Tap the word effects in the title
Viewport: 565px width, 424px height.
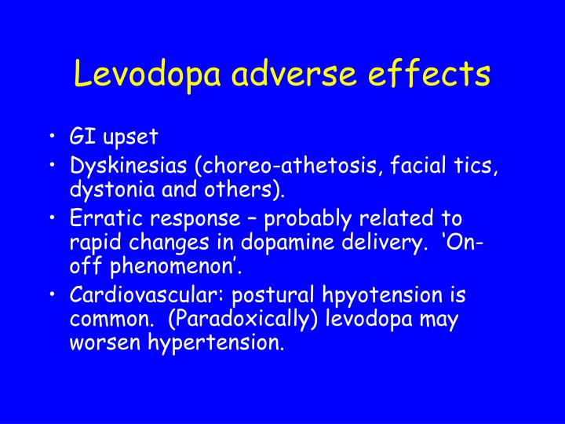[431, 75]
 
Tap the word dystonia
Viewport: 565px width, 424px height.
[105, 189]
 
